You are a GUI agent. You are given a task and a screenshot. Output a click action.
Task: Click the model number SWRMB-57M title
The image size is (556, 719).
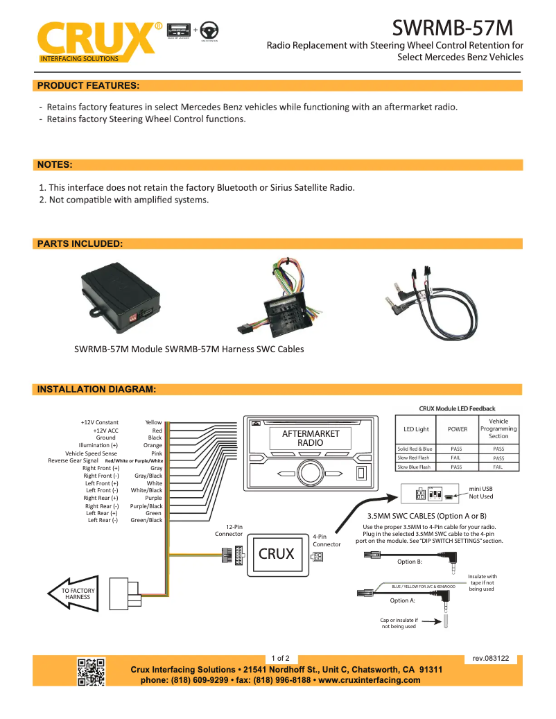click(453, 27)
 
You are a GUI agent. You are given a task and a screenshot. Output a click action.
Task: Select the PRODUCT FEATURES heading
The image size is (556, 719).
click(88, 86)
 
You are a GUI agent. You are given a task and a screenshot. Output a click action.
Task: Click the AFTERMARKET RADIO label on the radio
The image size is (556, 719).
click(311, 438)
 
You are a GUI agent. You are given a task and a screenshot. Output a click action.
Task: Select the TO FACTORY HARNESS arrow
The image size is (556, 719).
click(73, 594)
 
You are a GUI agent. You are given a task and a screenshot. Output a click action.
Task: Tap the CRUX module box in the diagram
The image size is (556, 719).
click(277, 554)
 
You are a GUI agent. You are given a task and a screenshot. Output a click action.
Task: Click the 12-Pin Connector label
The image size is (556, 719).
click(229, 530)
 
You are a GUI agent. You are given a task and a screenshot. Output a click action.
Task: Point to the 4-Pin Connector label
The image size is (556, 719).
click(327, 540)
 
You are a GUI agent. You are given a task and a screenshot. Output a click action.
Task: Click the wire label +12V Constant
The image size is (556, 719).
click(99, 422)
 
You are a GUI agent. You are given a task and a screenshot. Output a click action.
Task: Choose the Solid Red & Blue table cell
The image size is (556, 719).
click(415, 449)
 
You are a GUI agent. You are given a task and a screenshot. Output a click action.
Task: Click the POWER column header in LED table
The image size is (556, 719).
click(457, 429)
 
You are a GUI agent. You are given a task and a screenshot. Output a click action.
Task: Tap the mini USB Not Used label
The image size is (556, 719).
click(481, 492)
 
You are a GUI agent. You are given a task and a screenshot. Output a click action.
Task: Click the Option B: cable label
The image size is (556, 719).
click(410, 562)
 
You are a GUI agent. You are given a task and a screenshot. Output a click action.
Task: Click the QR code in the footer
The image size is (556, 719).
click(91, 671)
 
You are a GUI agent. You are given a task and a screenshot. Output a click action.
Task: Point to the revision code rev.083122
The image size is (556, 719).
click(490, 658)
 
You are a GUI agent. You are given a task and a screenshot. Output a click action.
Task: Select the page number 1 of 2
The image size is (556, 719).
click(280, 658)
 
